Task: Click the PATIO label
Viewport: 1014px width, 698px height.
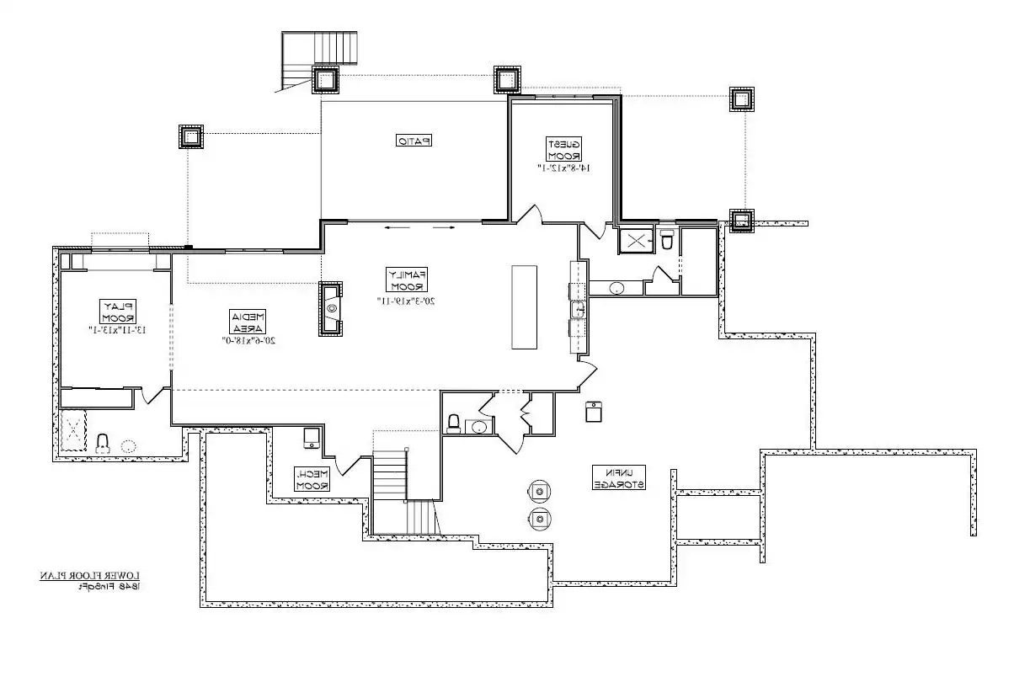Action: point(414,141)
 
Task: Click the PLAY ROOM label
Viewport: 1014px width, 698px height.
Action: point(118,312)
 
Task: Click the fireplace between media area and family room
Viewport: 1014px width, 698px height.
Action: point(331,309)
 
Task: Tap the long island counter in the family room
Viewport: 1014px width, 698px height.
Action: point(524,306)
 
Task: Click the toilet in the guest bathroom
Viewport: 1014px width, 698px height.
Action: point(667,241)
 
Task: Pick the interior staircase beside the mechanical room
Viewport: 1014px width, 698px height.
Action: point(390,477)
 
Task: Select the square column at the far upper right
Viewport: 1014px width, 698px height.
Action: point(742,99)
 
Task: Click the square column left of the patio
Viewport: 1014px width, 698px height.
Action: point(191,136)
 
